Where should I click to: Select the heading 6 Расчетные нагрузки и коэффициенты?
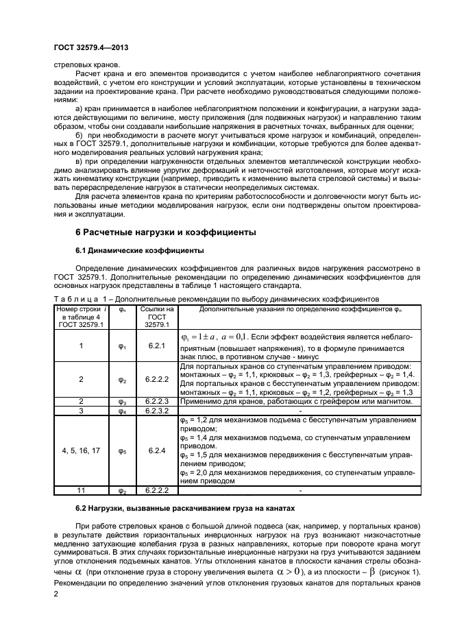(x=164, y=232)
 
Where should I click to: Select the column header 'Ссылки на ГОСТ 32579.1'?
(x=157, y=317)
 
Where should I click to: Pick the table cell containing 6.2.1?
(x=157, y=346)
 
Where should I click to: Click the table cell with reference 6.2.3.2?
(x=157, y=411)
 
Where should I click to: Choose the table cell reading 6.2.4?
(x=157, y=450)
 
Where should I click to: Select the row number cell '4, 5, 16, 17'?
(x=81, y=450)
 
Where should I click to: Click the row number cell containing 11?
(x=81, y=491)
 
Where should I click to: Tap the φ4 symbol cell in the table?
(x=123, y=411)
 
